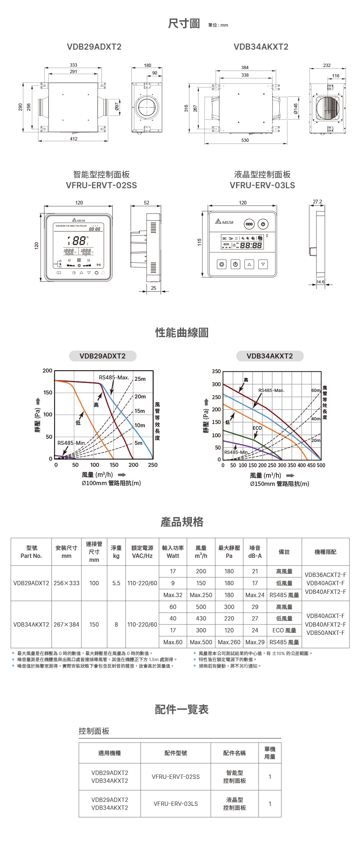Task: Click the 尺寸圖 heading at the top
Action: tap(184, 24)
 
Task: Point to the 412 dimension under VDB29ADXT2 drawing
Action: tap(73, 139)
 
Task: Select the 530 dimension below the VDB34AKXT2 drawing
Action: tap(245, 140)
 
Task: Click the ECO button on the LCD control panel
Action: tap(249, 224)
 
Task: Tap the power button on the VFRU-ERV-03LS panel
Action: tap(263, 224)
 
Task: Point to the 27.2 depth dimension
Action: tap(317, 202)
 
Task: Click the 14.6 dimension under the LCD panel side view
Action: tap(320, 282)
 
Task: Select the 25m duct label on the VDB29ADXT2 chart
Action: tap(140, 379)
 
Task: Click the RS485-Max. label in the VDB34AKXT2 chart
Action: tap(271, 390)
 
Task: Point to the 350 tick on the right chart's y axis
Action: tap(216, 371)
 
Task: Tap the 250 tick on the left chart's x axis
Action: tap(153, 465)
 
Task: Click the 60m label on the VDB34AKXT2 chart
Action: tap(315, 391)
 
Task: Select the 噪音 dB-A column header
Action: tap(255, 552)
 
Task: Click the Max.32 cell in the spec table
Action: tap(173, 595)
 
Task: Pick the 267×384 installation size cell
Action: tap(66, 624)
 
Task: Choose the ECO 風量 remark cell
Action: tap(284, 630)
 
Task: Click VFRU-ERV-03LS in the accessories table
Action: tap(176, 804)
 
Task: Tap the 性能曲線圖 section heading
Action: tap(182, 333)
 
